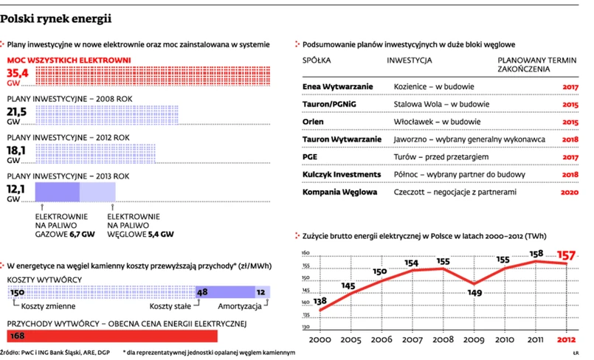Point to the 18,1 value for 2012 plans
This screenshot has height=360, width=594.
click(x=16, y=150)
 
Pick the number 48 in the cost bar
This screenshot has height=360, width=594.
click(x=202, y=292)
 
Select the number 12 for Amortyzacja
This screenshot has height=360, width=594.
click(x=260, y=292)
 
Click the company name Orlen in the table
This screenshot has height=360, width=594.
click(x=313, y=121)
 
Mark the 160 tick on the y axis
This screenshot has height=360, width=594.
click(x=305, y=254)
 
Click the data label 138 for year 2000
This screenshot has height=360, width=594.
click(x=321, y=300)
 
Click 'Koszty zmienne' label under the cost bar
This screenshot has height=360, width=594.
click(x=45, y=305)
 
